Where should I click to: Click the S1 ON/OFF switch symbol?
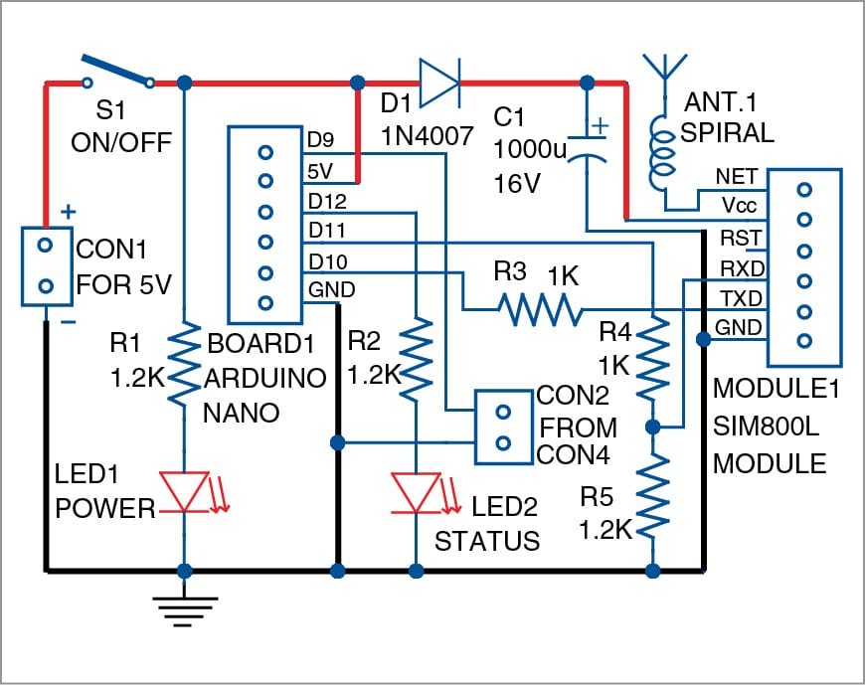(x=117, y=72)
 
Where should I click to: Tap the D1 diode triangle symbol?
(x=439, y=83)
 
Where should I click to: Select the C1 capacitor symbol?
(x=588, y=146)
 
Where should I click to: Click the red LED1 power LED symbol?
(x=188, y=492)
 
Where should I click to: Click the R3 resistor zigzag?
(x=540, y=309)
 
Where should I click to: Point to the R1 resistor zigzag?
(x=184, y=364)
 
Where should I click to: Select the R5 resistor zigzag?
(x=652, y=495)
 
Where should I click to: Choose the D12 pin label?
(x=327, y=202)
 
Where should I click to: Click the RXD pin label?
(x=742, y=269)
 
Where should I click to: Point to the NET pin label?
(x=736, y=177)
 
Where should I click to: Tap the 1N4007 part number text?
(x=428, y=135)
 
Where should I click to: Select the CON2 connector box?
(x=504, y=428)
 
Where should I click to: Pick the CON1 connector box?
(x=47, y=265)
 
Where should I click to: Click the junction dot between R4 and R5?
(x=652, y=427)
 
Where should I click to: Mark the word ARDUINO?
(x=265, y=379)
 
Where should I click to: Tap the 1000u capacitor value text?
(x=530, y=149)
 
